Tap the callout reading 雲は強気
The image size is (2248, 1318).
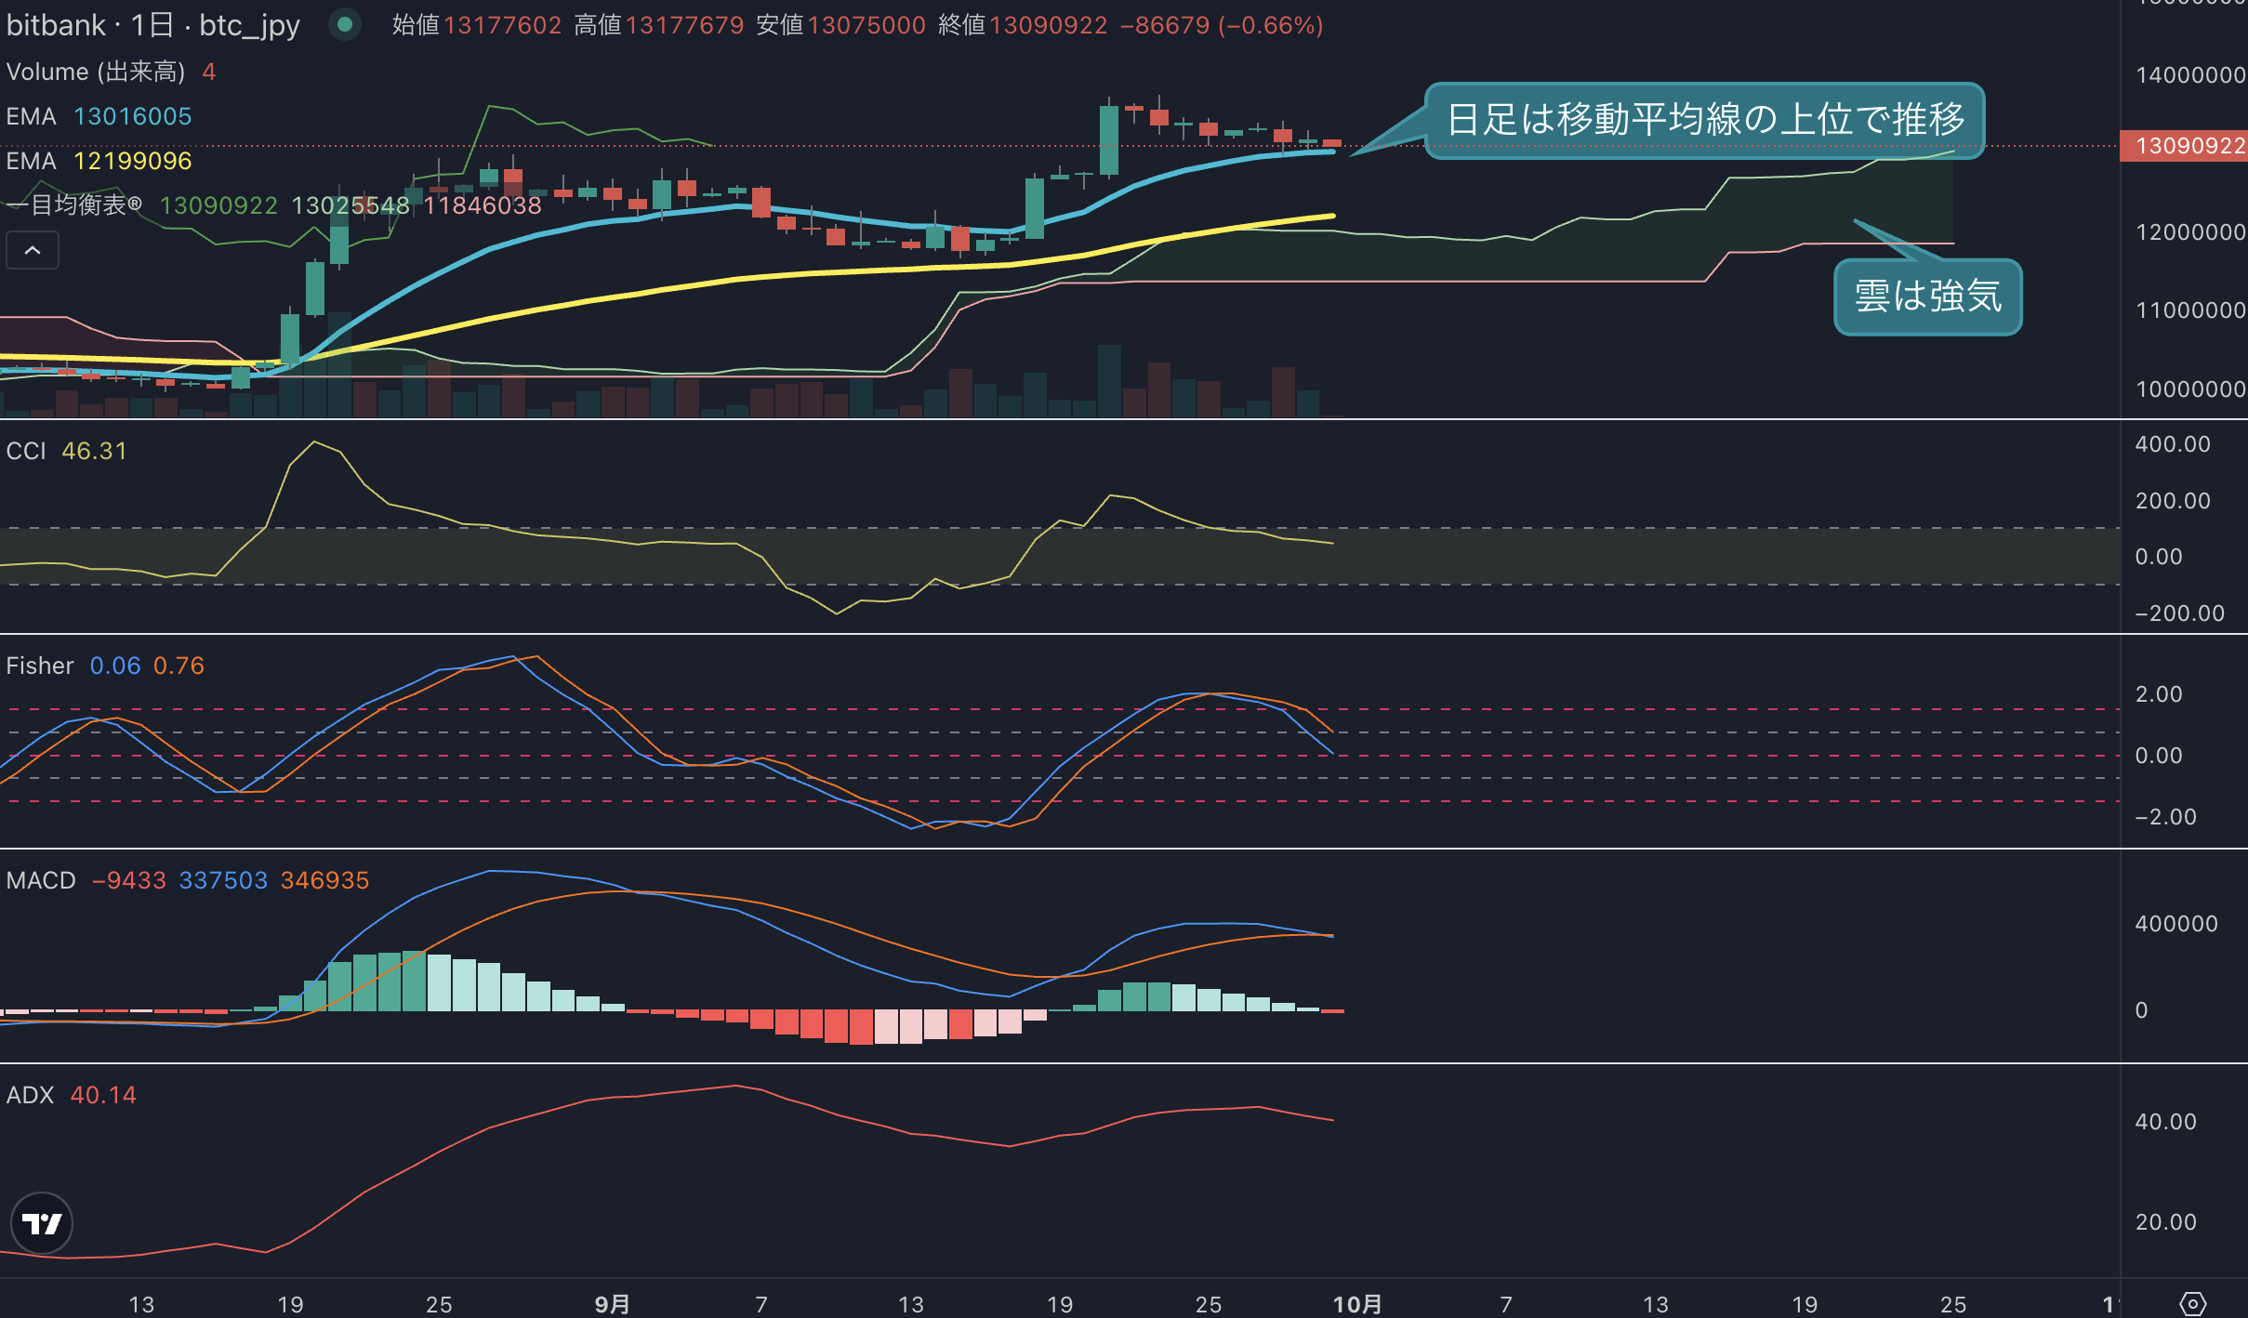[x=1928, y=297]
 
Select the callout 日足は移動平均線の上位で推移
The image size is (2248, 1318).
[x=1705, y=120]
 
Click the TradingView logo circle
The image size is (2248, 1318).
[x=42, y=1223]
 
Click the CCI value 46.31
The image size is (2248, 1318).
[x=94, y=451]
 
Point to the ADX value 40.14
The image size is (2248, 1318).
[x=103, y=1095]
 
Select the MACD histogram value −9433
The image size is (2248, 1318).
[x=128, y=880]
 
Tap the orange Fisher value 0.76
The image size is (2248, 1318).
[x=179, y=666]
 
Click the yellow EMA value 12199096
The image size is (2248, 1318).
[x=132, y=161]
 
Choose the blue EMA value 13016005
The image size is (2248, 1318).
[x=132, y=116]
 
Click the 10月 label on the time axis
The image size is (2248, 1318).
[x=1357, y=1304]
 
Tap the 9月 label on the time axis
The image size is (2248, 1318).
[x=612, y=1304]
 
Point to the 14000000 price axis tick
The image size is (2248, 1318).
[x=2190, y=75]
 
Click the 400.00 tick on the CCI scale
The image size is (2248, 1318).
[x=2173, y=444]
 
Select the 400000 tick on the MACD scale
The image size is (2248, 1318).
[x=2176, y=924]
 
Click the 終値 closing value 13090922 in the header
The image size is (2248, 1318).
[x=1048, y=25]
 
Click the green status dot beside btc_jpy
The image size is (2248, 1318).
[x=345, y=25]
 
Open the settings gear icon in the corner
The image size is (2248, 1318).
[x=2192, y=1304]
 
